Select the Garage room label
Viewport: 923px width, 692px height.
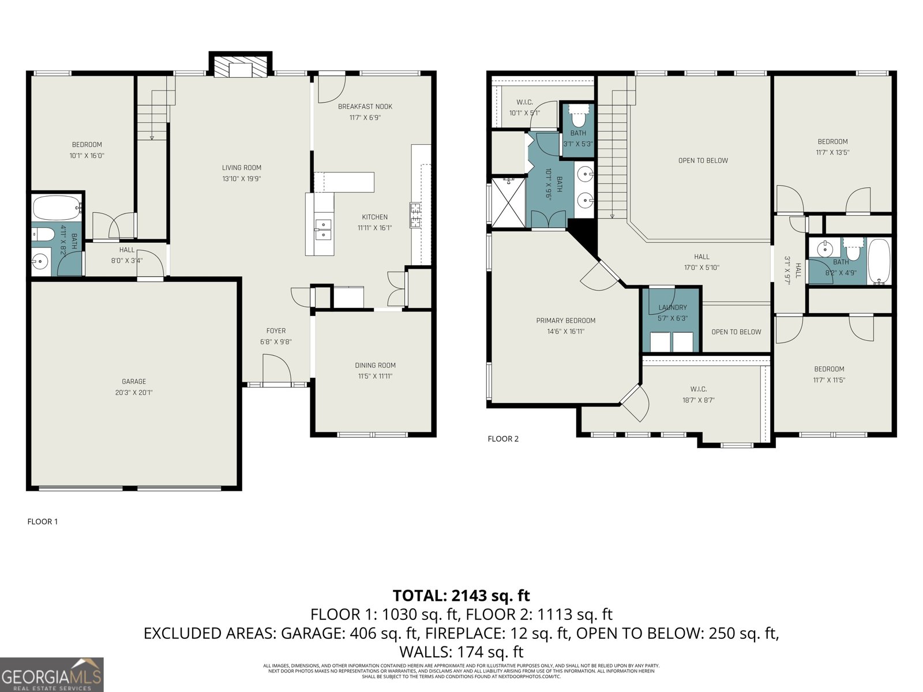point(134,381)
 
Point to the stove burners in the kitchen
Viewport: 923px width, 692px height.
point(415,215)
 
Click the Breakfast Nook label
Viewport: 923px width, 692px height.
point(365,107)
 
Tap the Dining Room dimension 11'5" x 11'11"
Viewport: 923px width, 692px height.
point(375,376)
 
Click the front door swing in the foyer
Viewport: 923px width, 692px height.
point(276,369)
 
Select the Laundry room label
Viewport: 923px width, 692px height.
point(673,307)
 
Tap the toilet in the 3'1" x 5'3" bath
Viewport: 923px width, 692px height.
point(577,118)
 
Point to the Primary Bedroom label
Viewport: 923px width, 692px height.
point(565,321)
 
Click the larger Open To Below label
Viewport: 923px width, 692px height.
point(703,160)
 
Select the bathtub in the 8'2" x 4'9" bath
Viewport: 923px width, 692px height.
point(879,262)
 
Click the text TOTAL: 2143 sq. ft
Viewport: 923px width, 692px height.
point(461,595)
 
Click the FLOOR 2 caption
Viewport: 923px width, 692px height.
point(503,439)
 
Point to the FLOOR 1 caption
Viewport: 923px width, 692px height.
point(43,522)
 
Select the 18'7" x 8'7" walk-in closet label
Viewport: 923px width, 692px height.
point(698,389)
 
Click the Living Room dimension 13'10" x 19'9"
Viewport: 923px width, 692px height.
point(242,179)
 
